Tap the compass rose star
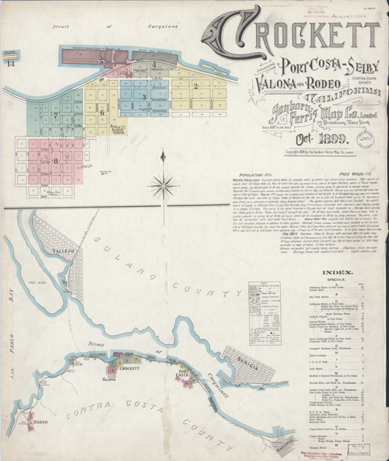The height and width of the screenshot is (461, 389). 165,184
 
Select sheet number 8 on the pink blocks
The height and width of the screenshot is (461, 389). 56,159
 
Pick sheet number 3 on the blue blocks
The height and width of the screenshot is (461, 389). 143,96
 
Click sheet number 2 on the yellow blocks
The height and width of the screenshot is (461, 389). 196,86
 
